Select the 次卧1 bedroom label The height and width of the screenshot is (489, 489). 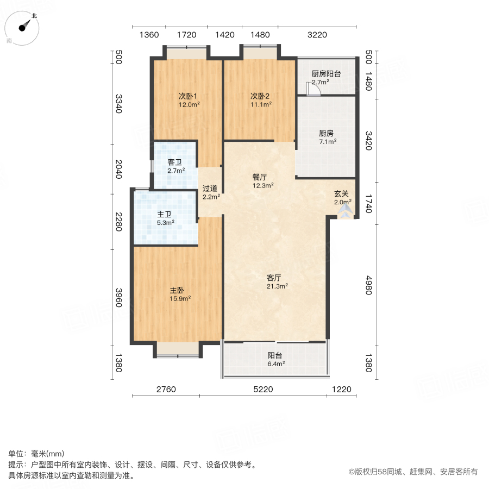tap(188, 96)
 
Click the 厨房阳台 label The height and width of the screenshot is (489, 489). tap(326, 74)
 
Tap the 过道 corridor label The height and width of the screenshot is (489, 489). tap(210, 189)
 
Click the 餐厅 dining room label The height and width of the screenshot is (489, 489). tap(260, 177)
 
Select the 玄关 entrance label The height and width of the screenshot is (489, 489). tap(342, 193)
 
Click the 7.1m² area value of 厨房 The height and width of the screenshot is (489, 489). tap(327, 142)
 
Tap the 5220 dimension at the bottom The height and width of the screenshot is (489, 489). tap(262, 390)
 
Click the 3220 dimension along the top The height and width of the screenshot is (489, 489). tap(317, 35)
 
